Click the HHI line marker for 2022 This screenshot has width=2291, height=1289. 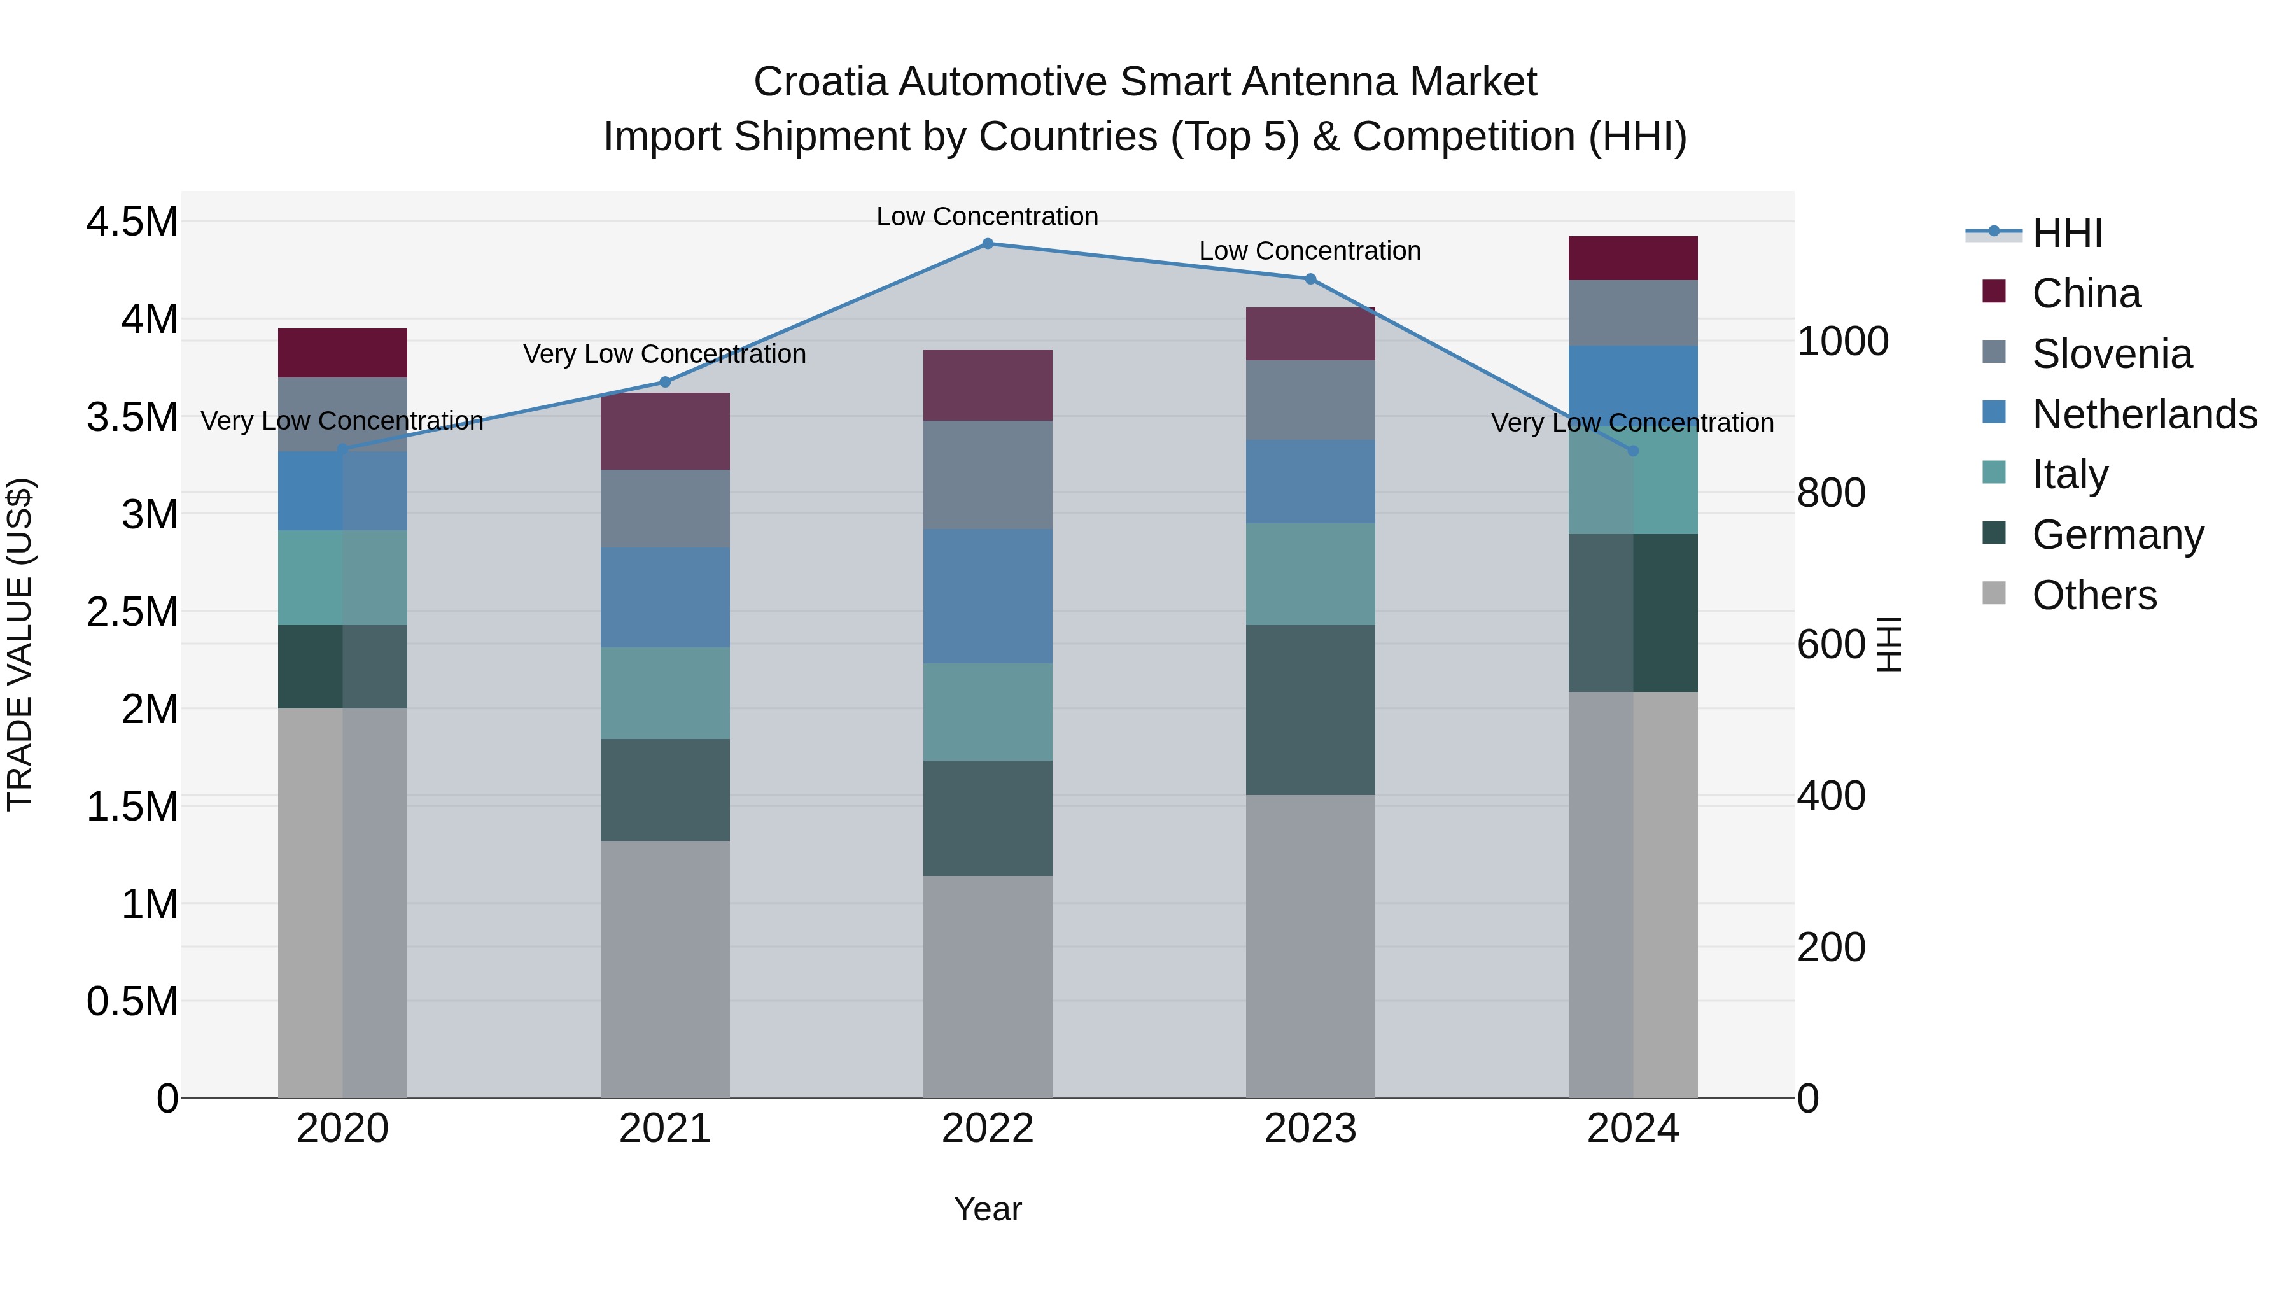click(x=987, y=243)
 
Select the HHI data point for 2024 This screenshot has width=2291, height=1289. click(x=1633, y=451)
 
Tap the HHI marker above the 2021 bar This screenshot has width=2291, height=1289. click(x=664, y=383)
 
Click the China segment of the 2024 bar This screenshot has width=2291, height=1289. click(x=1633, y=259)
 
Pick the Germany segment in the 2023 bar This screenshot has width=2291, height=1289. click(x=1310, y=710)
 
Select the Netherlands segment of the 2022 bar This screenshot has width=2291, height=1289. click(x=987, y=596)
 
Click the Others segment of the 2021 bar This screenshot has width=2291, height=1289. click(x=664, y=969)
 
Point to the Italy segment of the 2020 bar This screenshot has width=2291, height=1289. click(x=342, y=577)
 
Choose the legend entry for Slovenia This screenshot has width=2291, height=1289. click(x=2112, y=354)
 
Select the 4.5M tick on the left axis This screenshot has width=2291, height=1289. click(x=132, y=222)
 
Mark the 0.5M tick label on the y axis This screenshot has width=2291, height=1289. click(x=132, y=1002)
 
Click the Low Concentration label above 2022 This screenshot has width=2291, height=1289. click(x=987, y=216)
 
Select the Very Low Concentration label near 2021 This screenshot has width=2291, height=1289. click(x=664, y=354)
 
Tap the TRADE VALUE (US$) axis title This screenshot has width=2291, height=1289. click(x=20, y=644)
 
